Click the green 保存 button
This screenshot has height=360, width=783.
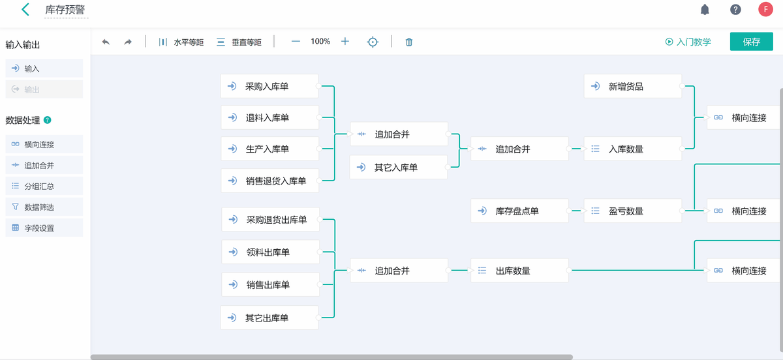coord(751,42)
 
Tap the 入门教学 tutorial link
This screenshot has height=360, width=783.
coord(688,42)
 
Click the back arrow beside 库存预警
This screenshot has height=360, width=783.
coord(25,10)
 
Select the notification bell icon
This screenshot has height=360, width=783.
coord(705,10)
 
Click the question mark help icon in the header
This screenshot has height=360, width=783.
coord(735,10)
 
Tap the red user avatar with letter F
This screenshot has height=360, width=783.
coord(765,9)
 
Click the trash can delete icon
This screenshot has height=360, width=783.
coord(409,42)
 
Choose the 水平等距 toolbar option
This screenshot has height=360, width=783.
coord(181,42)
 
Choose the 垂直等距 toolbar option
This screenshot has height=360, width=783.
coord(239,42)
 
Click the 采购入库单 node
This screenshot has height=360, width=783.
coord(269,86)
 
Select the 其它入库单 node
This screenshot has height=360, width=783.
coord(398,168)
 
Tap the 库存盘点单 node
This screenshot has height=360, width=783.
coord(519,211)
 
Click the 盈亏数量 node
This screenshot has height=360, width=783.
coord(632,211)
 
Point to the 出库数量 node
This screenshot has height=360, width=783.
coord(519,271)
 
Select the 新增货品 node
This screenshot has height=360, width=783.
coord(632,86)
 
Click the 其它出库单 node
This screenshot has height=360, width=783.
coord(269,318)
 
